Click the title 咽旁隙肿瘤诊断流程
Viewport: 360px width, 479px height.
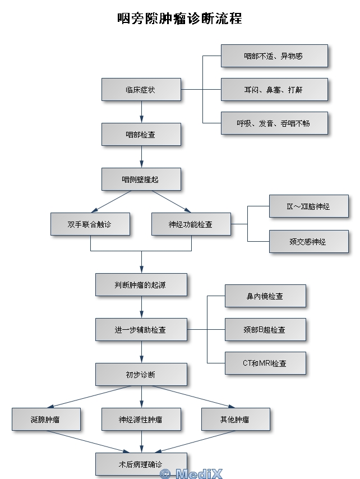click(x=179, y=19)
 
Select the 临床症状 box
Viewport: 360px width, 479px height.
click(x=141, y=90)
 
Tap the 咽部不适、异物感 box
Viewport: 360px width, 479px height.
click(x=274, y=56)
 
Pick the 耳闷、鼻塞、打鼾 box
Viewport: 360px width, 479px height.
click(x=274, y=90)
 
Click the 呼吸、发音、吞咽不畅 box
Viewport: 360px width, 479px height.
click(x=274, y=123)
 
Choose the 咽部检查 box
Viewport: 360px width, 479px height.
click(x=141, y=135)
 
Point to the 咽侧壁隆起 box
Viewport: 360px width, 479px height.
click(x=141, y=179)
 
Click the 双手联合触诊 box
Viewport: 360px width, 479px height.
click(x=90, y=224)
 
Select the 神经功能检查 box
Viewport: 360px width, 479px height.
click(x=191, y=224)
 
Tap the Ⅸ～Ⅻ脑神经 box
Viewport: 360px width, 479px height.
click(x=308, y=206)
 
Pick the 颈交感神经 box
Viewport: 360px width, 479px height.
click(x=308, y=242)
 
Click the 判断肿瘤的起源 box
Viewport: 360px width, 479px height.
click(x=141, y=285)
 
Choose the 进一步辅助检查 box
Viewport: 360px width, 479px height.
click(x=141, y=330)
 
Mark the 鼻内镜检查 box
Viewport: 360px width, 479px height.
click(x=265, y=296)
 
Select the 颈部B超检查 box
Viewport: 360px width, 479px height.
click(x=265, y=330)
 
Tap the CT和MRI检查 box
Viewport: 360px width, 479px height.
click(x=265, y=363)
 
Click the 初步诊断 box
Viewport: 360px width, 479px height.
click(x=141, y=374)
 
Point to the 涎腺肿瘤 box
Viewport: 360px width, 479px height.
click(x=45, y=419)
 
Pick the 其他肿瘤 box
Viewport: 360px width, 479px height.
click(x=235, y=419)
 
